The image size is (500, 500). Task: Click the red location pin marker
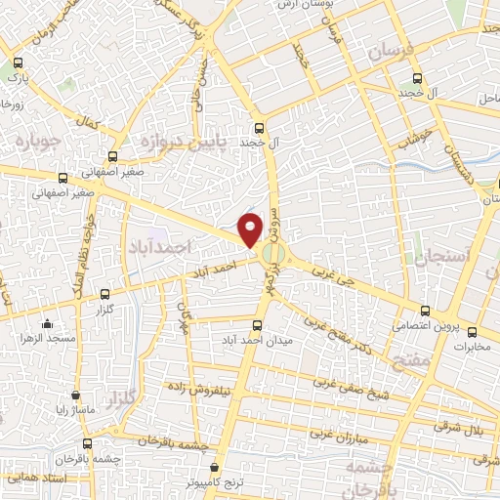pos(251,230)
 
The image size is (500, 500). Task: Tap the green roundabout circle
pos(274,256)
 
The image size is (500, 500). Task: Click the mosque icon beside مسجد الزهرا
pos(46,325)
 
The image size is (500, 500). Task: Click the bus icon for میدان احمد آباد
pos(258,324)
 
